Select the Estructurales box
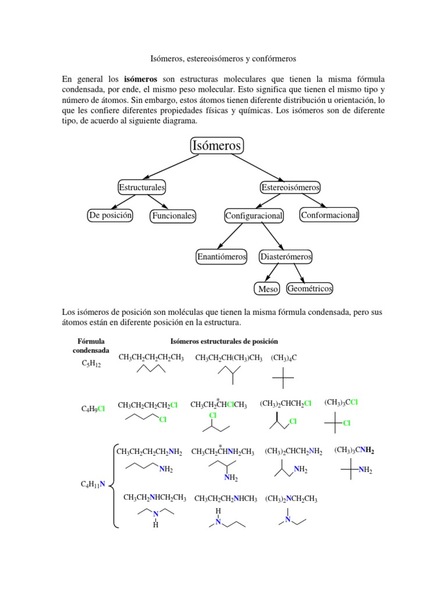coord(141,187)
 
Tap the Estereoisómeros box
coord(290,187)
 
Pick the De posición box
coord(110,215)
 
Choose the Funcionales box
coord(173,216)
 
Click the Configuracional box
coord(254,216)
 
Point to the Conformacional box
coord(329,215)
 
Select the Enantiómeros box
coord(222,256)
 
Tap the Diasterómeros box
coord(286,256)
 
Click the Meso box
coord(267,289)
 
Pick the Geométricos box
coord(310,288)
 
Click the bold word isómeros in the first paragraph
coord(141,78)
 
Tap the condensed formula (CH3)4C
coord(284,357)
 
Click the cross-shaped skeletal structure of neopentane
coord(283,378)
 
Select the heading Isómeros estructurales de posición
coord(223,341)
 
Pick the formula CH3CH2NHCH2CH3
coord(155,498)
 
